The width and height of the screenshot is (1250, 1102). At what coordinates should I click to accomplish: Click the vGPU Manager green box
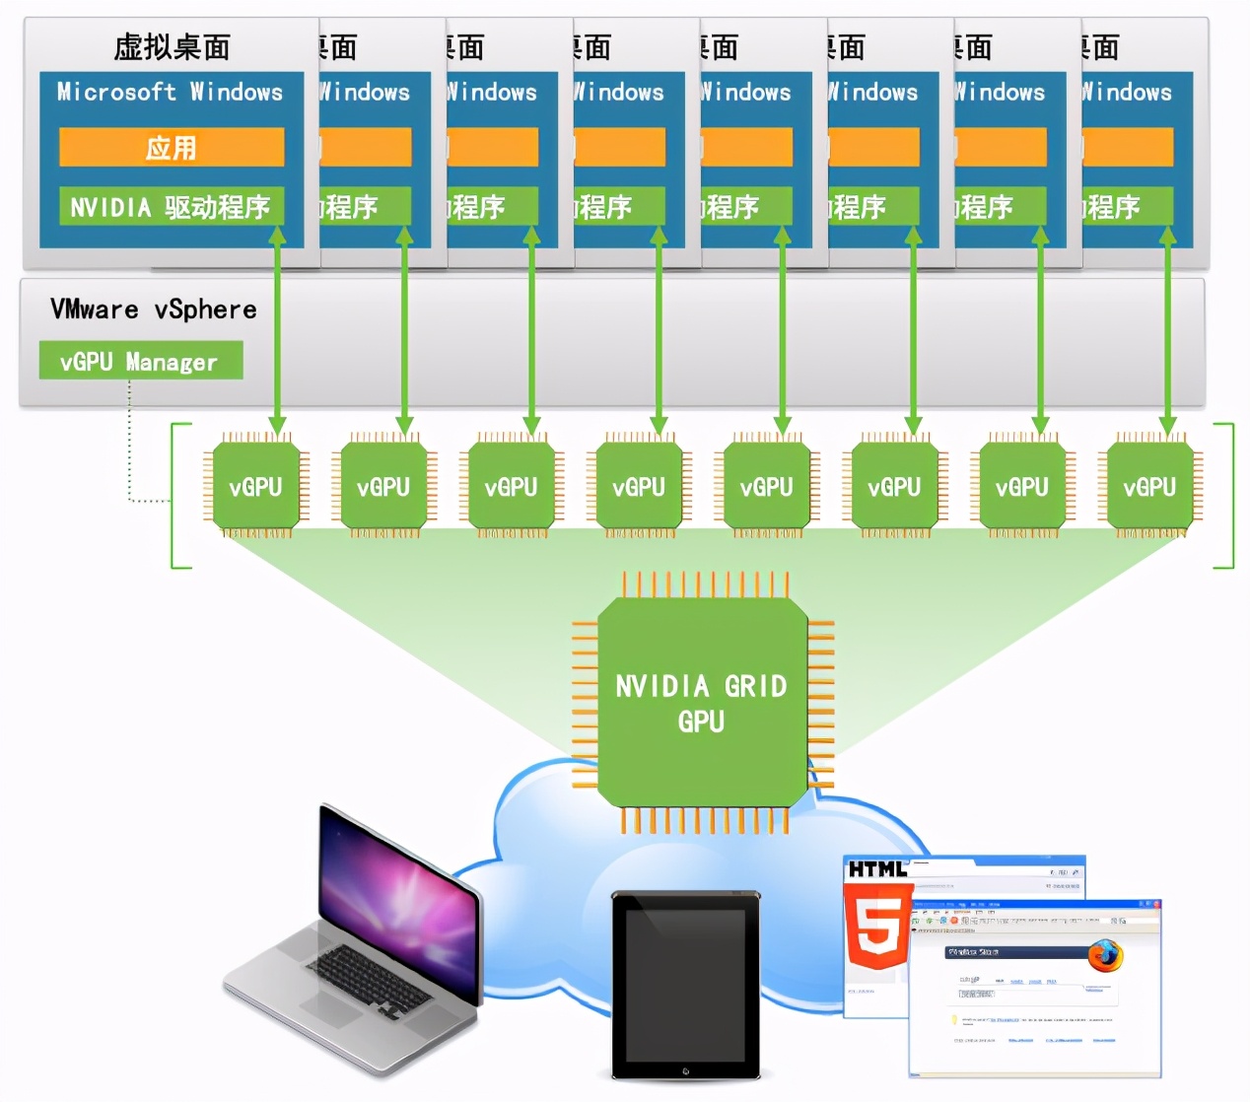coord(140,361)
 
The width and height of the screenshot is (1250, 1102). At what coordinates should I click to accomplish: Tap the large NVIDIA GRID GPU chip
coord(702,703)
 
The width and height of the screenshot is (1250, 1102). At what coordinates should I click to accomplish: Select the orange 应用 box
coord(172,148)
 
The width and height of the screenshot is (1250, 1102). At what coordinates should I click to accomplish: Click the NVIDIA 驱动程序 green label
coord(171,207)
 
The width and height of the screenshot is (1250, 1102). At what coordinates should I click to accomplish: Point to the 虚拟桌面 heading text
coord(172,46)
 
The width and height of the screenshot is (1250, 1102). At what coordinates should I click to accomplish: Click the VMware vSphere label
coord(153,310)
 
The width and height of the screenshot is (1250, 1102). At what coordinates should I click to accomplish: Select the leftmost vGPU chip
coord(255,486)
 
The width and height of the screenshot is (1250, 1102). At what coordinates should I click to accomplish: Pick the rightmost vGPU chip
coord(1149,486)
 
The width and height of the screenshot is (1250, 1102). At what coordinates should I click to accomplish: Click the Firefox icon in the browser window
coord(1105,954)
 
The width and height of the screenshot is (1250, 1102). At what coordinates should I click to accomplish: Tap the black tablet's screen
coord(685,983)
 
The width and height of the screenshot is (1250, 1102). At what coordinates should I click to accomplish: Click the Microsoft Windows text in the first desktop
coord(170,92)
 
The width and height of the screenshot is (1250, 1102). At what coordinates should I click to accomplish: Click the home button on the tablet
coord(685,1070)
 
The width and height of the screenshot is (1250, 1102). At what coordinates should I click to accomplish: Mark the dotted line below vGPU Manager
coord(129,444)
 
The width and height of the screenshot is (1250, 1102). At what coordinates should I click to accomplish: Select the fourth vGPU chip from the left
coord(639,486)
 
